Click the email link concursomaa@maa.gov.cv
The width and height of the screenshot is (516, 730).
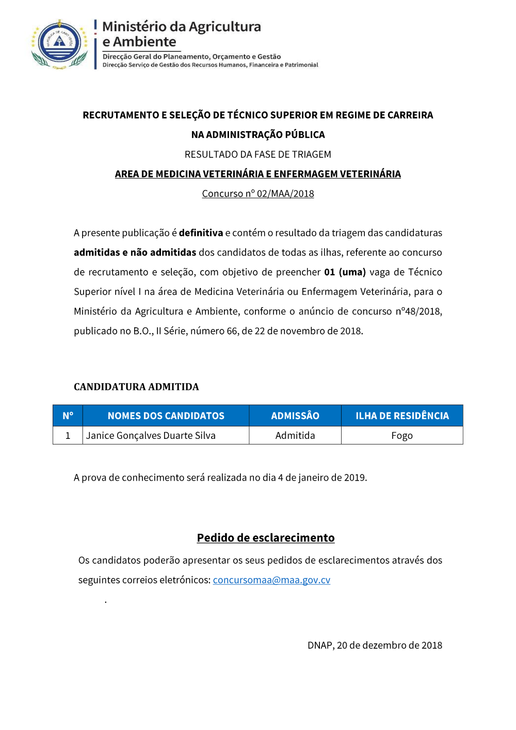271,580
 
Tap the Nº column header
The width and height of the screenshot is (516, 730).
68,416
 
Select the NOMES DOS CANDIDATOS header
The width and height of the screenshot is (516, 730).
166,416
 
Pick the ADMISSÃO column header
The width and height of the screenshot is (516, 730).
295,416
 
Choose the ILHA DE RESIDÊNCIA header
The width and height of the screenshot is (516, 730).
402,416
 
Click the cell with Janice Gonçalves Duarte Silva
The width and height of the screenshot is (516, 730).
151,435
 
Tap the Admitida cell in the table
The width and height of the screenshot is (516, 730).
295,435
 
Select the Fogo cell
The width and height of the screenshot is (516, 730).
402,435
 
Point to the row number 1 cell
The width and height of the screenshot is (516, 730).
68,435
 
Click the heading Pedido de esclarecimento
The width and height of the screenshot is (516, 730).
266,537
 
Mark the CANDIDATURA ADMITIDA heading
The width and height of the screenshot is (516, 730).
136,387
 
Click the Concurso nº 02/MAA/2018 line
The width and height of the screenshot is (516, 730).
258,194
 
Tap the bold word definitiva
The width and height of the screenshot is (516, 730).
201,233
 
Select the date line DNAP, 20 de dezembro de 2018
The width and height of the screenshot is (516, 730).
375,645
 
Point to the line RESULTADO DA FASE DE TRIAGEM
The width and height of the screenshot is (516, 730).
258,154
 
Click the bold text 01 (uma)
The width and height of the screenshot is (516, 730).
345,272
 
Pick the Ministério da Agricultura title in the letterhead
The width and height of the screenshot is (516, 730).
182,27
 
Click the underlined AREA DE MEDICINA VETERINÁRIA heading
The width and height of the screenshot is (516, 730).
258,174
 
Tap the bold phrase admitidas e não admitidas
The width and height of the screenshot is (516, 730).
135,252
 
